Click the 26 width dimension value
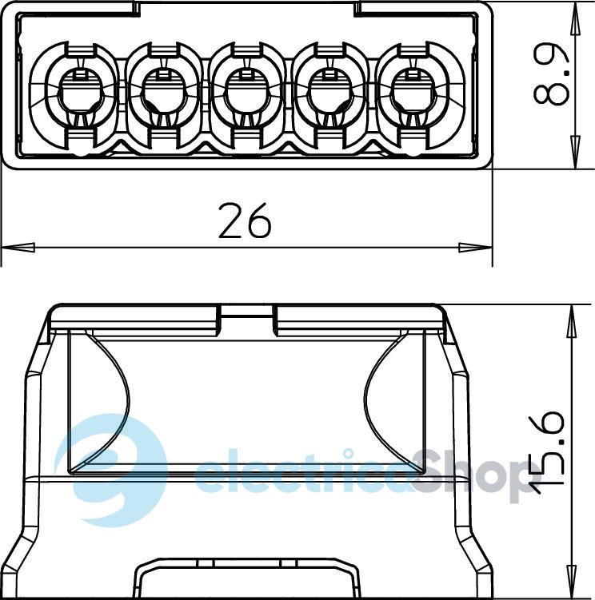(x=246, y=222)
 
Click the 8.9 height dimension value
(x=552, y=74)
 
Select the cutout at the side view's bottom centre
(x=246, y=579)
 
